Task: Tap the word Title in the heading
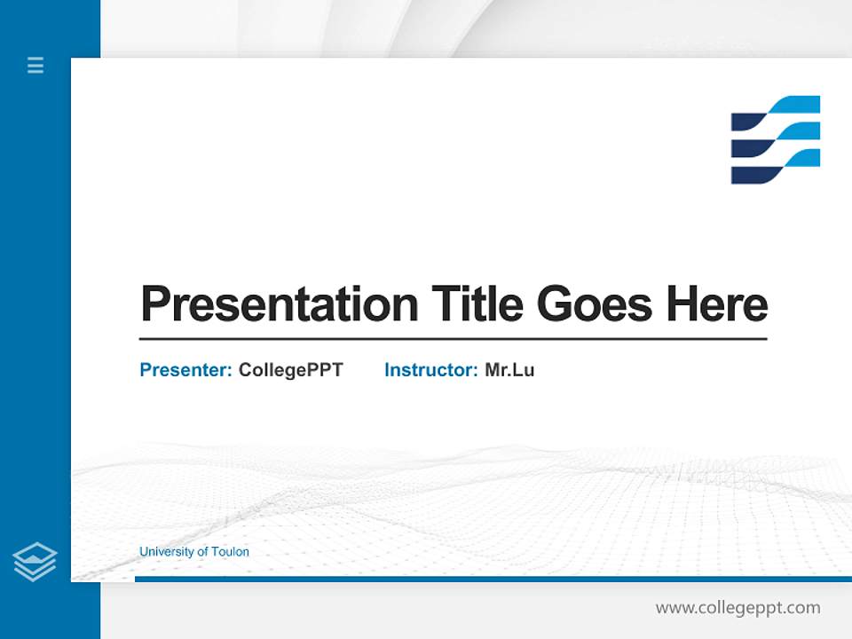(x=477, y=304)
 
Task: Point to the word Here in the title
(x=717, y=304)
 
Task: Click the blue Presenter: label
(x=185, y=370)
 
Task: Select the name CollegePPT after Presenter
(x=290, y=370)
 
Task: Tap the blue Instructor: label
(x=430, y=370)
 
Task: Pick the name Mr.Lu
(x=509, y=370)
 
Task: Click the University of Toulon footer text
(x=193, y=552)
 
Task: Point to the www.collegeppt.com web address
(x=738, y=608)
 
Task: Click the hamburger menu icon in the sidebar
(x=35, y=65)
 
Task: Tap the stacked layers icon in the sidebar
(x=35, y=562)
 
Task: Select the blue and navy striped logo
(x=775, y=139)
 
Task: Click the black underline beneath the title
(x=453, y=339)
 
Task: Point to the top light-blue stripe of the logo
(x=794, y=105)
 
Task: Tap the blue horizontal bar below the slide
(x=493, y=579)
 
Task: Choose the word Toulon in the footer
(x=230, y=552)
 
